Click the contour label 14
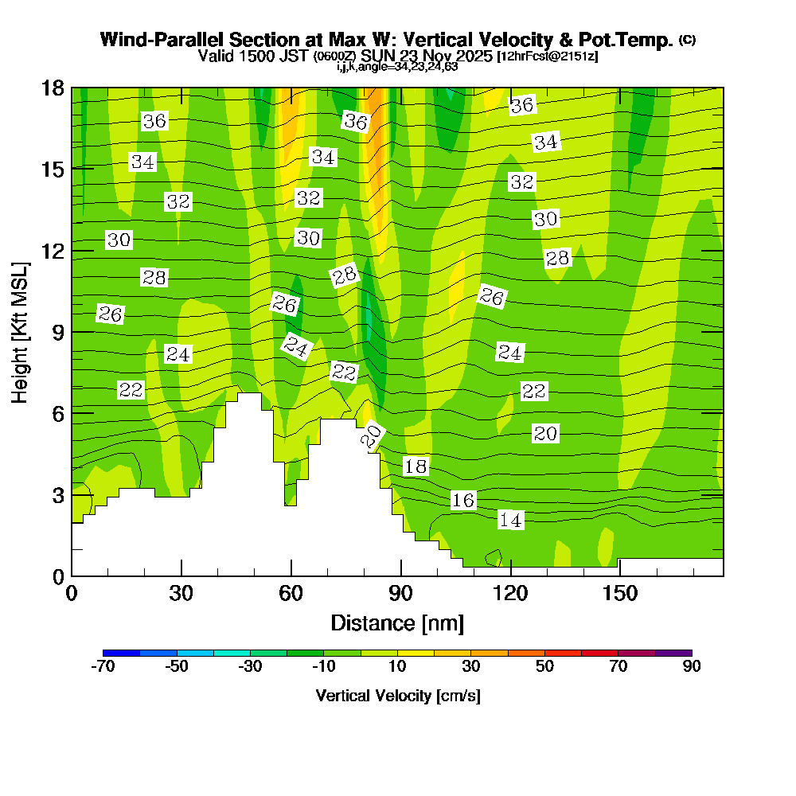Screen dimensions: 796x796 tap(510, 521)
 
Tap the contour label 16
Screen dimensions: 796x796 tap(463, 500)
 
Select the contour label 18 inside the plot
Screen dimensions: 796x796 tap(416, 466)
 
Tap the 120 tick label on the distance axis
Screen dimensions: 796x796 tap(509, 595)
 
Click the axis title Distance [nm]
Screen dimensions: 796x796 tap(397, 622)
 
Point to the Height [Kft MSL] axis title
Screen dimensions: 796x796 tap(20, 331)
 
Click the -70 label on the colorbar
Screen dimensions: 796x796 tap(103, 666)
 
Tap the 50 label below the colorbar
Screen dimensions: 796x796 tap(544, 666)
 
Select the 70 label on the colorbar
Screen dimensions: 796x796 tap(618, 666)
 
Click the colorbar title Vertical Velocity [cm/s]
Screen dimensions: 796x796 tap(397, 696)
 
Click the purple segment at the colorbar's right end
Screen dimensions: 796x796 tap(673, 653)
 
